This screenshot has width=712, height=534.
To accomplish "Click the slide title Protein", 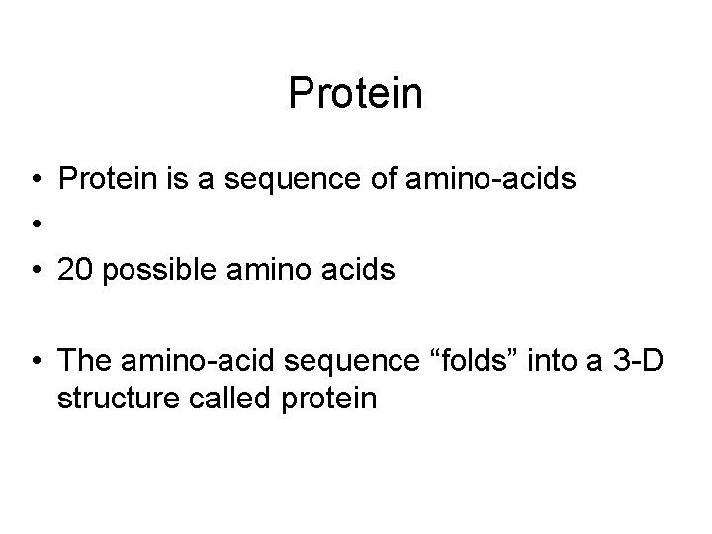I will (x=355, y=95).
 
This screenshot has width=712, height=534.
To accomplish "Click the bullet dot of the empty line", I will (x=34, y=224).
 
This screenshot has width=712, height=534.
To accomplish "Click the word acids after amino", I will (x=360, y=270).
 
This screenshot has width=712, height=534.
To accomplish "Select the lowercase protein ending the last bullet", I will (x=332, y=400).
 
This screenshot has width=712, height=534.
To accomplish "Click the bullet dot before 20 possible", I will (x=34, y=270).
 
